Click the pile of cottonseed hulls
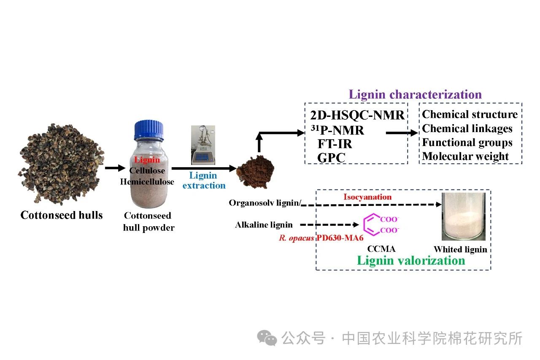click(59, 163)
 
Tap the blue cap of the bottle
click(148, 131)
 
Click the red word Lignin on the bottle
click(147, 160)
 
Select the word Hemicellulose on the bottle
click(147, 182)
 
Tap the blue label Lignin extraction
click(204, 180)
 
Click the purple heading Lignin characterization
click(415, 94)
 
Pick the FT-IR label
click(335, 144)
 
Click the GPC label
click(331, 158)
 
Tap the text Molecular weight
click(465, 157)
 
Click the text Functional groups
click(467, 143)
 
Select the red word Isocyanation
click(367, 197)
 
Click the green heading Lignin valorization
click(411, 260)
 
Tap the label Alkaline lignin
click(264, 225)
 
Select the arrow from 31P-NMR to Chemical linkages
click(401, 133)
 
